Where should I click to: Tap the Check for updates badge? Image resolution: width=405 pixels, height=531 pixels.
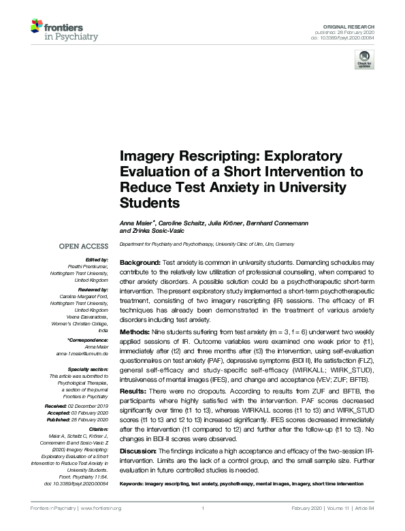pyautogui.click(x=361, y=60)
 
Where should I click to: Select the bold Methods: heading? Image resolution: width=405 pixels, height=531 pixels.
pyautogui.click(x=135, y=327)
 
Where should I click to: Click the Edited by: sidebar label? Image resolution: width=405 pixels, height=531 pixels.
pyautogui.click(x=96, y=259)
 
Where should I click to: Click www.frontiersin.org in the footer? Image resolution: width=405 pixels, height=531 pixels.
pyautogui.click(x=102, y=509)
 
